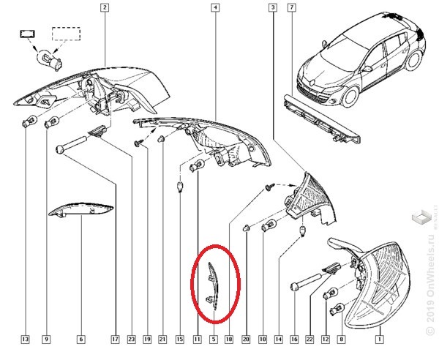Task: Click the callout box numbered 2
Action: (x=105, y=7)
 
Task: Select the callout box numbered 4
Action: (x=215, y=7)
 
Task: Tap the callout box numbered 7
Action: (x=292, y=7)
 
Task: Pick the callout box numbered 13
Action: (x=25, y=340)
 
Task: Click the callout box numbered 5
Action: (x=214, y=340)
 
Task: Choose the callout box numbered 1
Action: (x=380, y=340)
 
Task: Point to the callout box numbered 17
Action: (x=116, y=340)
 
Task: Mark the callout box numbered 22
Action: (x=309, y=340)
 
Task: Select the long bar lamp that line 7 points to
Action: (x=322, y=119)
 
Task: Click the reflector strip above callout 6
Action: (x=81, y=209)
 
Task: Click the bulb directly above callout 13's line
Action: (x=29, y=121)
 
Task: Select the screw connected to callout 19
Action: (x=138, y=143)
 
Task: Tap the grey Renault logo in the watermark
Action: (x=421, y=217)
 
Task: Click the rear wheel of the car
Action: (x=413, y=60)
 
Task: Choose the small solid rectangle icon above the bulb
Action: (x=28, y=34)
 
